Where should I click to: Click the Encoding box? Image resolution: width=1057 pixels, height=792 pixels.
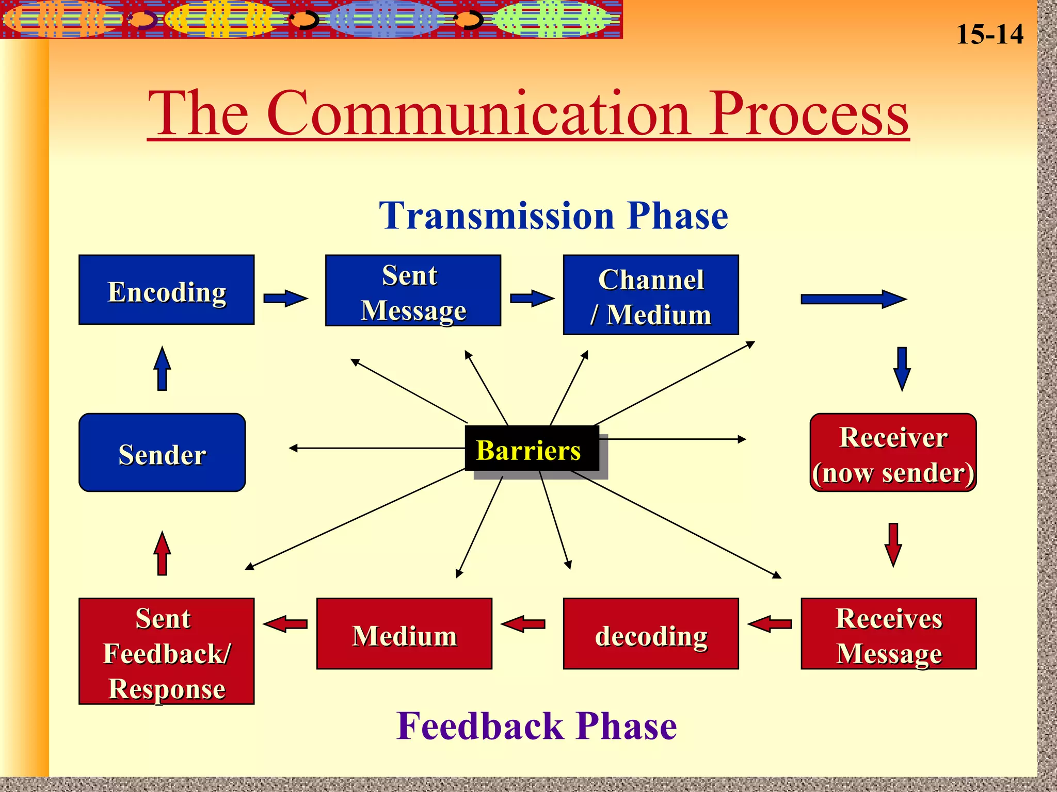point(166,290)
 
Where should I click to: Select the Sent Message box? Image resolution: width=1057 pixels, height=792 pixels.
point(413,291)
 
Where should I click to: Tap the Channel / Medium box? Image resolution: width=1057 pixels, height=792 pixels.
point(651,295)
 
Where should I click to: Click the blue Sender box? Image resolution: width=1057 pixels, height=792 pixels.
point(162,453)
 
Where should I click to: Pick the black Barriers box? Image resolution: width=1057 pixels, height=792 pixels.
point(532,449)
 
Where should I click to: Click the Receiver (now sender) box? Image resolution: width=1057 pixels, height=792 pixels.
point(893,453)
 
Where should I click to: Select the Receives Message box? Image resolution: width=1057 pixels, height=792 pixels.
point(889,634)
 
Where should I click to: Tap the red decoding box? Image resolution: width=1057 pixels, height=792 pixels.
point(651,634)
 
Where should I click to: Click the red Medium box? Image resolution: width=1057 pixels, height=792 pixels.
point(404,634)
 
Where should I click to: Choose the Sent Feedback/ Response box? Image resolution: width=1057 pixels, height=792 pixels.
point(166,651)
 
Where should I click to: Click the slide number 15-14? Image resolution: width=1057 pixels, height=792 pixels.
point(989,35)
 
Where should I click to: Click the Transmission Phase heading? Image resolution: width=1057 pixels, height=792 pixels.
point(553,216)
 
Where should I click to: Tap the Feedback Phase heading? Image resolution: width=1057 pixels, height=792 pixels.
point(537,726)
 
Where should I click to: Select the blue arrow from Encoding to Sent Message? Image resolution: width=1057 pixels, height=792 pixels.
point(285,299)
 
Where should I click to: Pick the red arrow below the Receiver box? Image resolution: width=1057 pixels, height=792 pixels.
point(893,544)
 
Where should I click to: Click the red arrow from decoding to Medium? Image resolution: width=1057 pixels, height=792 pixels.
point(523,624)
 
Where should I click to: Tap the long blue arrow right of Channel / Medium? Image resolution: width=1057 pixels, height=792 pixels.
point(853,299)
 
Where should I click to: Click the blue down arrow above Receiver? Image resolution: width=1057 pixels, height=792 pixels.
point(902,369)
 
